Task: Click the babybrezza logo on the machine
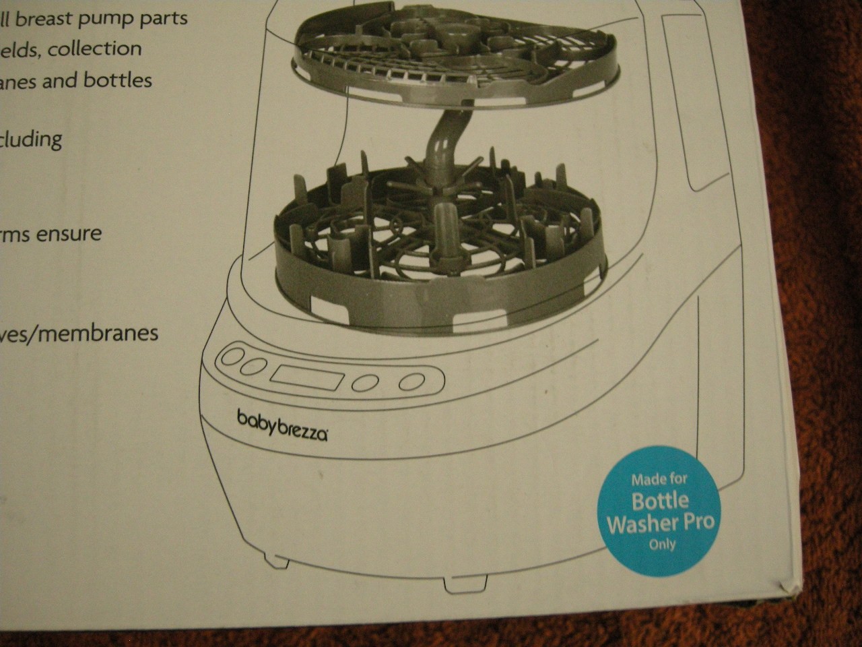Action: pos(282,425)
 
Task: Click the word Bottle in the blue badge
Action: pos(660,500)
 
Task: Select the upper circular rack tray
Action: pos(431,61)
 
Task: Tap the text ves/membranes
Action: pos(79,333)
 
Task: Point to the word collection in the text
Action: pos(94,49)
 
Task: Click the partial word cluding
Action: pos(31,140)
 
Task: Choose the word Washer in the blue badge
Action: pos(660,523)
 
